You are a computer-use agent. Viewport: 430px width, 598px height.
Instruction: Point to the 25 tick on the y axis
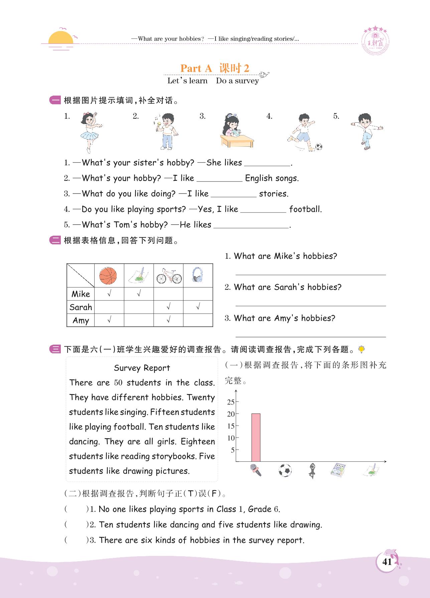pyautogui.click(x=231, y=402)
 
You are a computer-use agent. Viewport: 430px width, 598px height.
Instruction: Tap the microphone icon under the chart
pyautogui.click(x=256, y=470)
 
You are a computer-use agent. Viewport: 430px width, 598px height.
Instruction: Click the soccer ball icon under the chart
pyautogui.click(x=285, y=470)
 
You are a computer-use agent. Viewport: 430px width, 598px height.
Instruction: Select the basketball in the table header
pyautogui.click(x=109, y=275)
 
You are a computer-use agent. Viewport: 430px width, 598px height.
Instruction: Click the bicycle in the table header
pyautogui.click(x=169, y=276)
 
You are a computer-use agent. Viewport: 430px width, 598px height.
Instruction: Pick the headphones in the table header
pyautogui.click(x=198, y=275)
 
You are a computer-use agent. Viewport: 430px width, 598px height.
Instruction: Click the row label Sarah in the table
pyautogui.click(x=81, y=307)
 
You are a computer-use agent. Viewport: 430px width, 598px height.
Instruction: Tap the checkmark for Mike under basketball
pyautogui.click(x=109, y=294)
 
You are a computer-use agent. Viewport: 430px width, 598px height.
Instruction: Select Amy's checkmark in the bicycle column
pyautogui.click(x=168, y=320)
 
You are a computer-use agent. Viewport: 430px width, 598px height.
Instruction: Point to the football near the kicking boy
pyautogui.click(x=319, y=146)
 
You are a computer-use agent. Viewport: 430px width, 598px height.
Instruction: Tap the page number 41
pyautogui.click(x=387, y=562)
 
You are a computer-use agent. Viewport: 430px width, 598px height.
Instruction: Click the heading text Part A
pyautogui.click(x=196, y=68)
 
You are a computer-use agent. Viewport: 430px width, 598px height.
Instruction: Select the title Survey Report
pyautogui.click(x=142, y=368)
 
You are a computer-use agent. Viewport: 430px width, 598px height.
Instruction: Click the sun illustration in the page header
pyautogui.click(x=60, y=38)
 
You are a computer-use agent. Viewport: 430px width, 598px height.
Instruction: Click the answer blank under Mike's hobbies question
pyautogui.click(x=311, y=271)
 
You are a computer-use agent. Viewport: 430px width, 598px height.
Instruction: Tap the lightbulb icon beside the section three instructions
pyautogui.click(x=361, y=349)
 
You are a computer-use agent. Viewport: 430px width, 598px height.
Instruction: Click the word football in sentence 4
pyautogui.click(x=305, y=209)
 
